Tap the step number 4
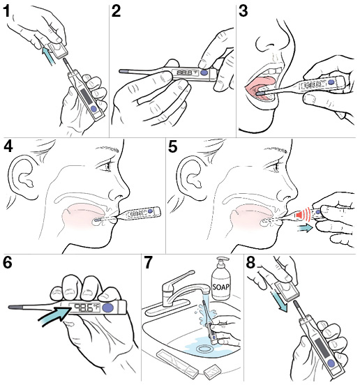(9, 147)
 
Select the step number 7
(149, 266)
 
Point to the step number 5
(175, 147)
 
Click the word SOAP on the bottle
(222, 287)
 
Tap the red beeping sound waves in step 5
(301, 217)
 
